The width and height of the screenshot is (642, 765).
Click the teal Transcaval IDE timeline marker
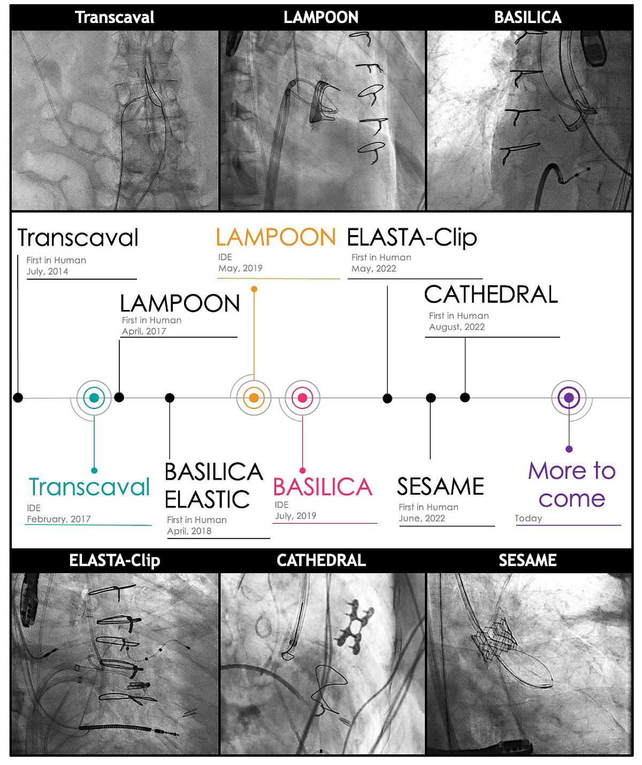94,398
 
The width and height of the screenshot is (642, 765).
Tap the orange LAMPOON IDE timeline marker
254,398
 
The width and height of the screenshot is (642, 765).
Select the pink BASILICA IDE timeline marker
302,398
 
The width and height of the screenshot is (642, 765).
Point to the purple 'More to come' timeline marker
569,398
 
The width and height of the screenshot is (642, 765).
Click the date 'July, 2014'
48,271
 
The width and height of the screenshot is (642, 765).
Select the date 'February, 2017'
59,519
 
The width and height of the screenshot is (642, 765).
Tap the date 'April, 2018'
189,531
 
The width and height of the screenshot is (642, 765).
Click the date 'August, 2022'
457,327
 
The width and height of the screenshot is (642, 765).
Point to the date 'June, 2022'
422,518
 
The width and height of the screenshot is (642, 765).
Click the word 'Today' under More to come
528,518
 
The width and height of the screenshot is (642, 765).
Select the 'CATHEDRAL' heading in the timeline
491,294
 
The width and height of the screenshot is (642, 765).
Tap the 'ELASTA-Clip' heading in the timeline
412,238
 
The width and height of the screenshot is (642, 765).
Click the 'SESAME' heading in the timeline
440,487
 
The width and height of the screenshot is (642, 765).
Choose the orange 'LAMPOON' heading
276,238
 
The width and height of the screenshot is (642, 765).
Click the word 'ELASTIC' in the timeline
207,499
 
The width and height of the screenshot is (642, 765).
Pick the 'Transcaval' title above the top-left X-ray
114,18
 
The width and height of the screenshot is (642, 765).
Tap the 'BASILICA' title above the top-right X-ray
528,18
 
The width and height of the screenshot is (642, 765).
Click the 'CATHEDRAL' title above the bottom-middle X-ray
321,561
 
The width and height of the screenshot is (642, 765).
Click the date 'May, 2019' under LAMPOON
240,268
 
